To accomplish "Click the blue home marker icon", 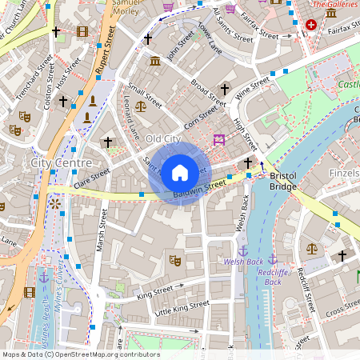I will [x=180, y=172].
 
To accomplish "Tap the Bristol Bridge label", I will [x=283, y=181].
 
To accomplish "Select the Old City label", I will [x=165, y=139].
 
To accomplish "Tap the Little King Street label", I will [x=182, y=307].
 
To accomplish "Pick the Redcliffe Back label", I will [x=273, y=277].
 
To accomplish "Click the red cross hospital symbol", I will [x=311, y=25].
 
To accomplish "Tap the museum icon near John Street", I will [x=154, y=62].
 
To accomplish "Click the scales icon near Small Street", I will [x=141, y=105].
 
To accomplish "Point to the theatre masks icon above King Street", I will [x=175, y=259].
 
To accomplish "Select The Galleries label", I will [x=334, y=5].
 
